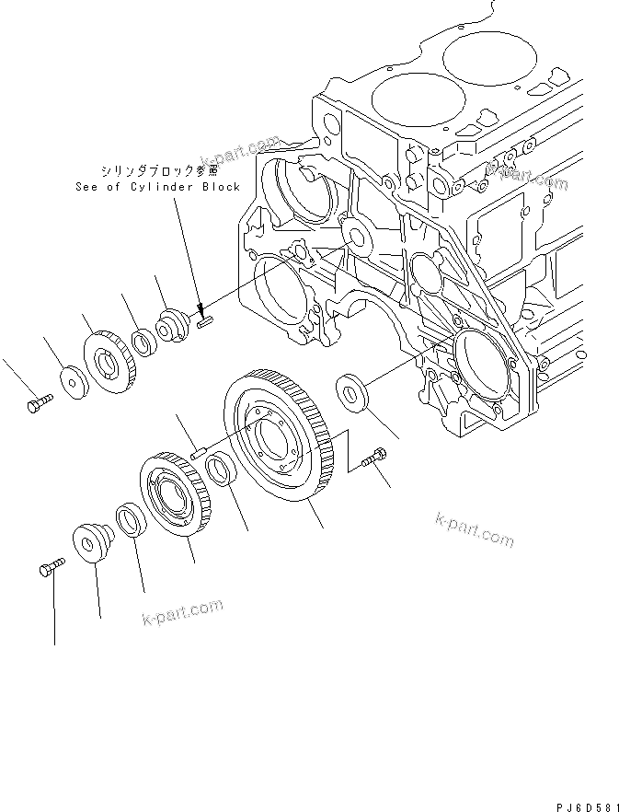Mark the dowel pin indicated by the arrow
(x=205, y=321)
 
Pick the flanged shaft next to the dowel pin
(x=173, y=326)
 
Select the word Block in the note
(x=222, y=186)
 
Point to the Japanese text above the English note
(x=160, y=170)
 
